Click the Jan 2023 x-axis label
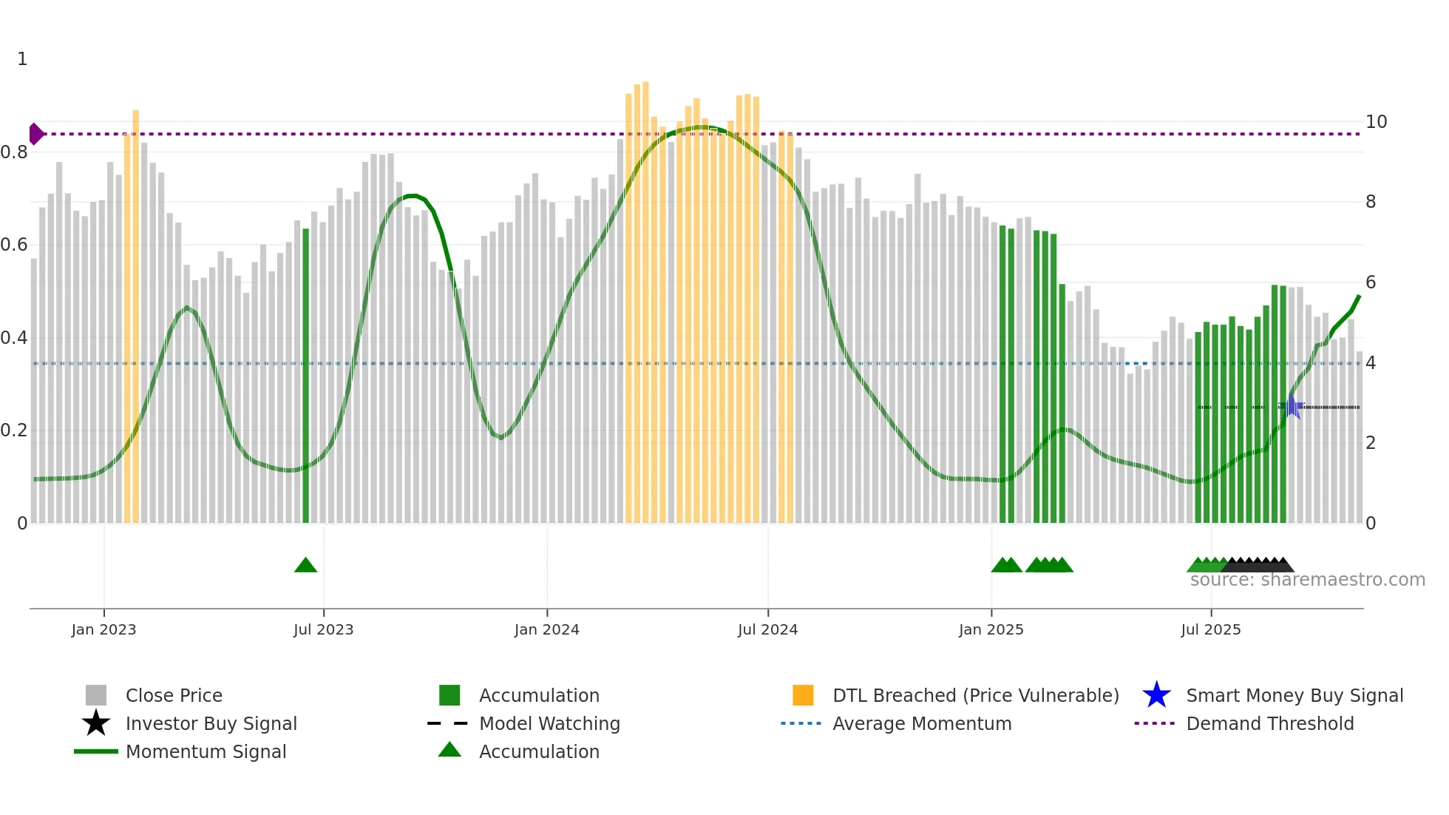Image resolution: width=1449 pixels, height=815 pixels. coord(103,629)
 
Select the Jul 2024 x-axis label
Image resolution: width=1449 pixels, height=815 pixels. coord(767,629)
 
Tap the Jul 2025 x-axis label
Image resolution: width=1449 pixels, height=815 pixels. coord(1210,629)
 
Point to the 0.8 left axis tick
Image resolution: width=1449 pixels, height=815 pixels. coord(14,152)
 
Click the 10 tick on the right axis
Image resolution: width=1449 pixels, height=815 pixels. coord(1376,122)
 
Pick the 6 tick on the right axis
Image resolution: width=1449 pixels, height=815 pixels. coord(1371,283)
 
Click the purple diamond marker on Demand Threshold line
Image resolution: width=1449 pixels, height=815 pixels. coord(35,134)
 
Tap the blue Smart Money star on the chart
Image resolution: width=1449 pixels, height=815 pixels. coord(1291,407)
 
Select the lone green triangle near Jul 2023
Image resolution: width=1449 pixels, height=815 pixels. coord(305,566)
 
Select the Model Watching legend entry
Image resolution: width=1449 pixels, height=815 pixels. coord(549,723)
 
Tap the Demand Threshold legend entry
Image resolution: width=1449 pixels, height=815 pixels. coord(1269,723)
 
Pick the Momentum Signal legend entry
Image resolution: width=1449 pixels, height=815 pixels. coord(206,751)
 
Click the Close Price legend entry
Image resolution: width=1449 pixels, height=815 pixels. coord(173,695)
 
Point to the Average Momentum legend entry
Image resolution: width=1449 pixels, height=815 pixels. coord(921,723)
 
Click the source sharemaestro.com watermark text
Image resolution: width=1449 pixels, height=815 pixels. coord(1307,580)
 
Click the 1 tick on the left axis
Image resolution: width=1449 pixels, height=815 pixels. coord(22,59)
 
